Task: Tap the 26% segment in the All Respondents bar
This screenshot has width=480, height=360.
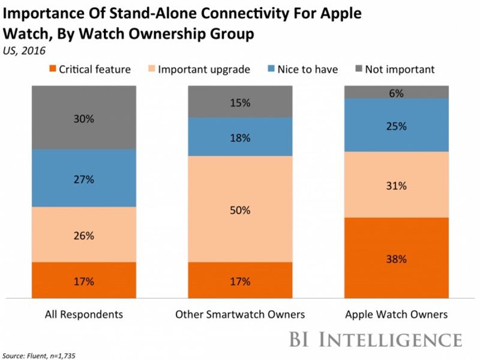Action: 85,235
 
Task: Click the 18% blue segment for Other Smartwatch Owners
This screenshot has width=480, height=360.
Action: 240,137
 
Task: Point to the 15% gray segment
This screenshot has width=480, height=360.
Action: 240,101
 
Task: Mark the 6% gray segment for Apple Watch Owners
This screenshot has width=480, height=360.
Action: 396,92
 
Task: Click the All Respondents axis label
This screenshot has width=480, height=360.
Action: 85,314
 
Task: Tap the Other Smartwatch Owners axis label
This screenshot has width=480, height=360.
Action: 240,314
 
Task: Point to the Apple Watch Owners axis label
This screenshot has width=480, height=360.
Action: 396,314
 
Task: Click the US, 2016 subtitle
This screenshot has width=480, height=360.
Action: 24,52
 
